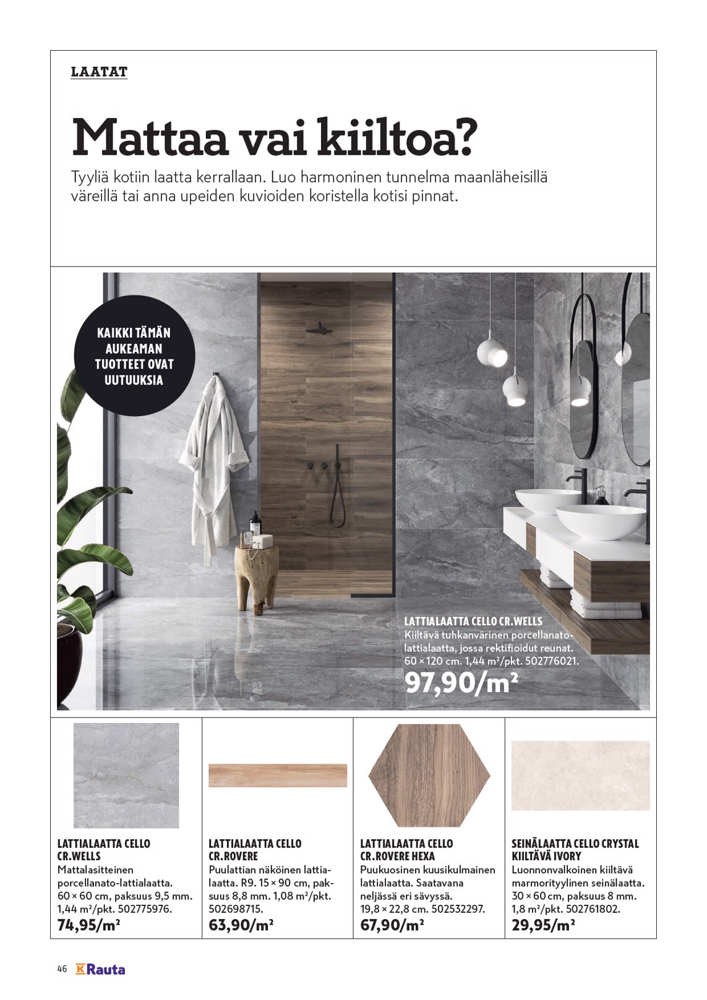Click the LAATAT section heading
point(99,72)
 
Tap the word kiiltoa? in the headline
point(397,137)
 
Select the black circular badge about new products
point(134,356)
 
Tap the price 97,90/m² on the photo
point(461,683)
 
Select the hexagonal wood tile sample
point(429,775)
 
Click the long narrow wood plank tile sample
point(278,776)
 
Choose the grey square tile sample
point(126,775)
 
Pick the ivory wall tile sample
point(580,776)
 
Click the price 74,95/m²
point(88,925)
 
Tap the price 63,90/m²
point(241,925)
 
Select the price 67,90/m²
point(392,925)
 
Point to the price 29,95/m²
point(544,925)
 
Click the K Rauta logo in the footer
point(100,969)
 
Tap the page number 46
point(62,969)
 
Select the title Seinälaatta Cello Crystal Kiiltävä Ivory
point(575,850)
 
